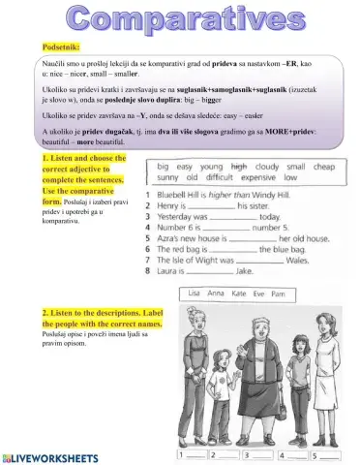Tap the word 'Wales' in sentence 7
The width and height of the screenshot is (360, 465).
[x=297, y=260]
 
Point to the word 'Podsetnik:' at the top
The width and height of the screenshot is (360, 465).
[x=61, y=45]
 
